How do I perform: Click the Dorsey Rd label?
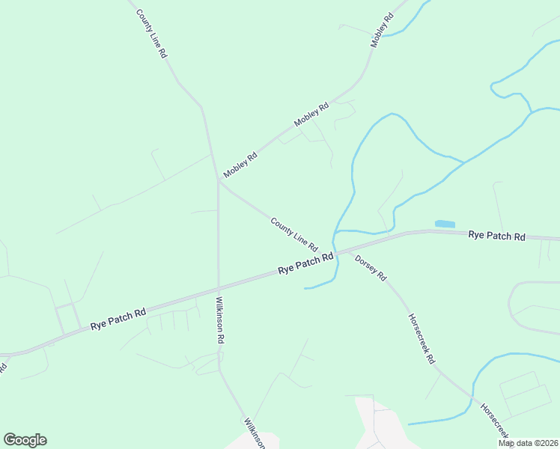click(x=371, y=267)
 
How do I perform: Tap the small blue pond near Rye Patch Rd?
click(x=445, y=224)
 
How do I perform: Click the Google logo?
click(x=25, y=440)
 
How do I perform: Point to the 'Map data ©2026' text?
click(x=528, y=443)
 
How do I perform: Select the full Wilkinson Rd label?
click(x=220, y=320)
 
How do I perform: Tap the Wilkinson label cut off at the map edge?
click(x=254, y=433)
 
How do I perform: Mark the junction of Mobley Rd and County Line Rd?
click(x=219, y=180)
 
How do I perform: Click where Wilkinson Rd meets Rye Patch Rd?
click(x=219, y=287)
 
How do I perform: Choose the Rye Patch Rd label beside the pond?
click(x=496, y=236)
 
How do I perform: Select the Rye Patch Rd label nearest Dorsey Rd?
click(x=305, y=264)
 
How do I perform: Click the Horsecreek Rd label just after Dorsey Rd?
click(x=421, y=337)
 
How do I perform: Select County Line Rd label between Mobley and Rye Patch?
click(x=294, y=234)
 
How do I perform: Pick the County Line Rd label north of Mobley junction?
click(x=151, y=34)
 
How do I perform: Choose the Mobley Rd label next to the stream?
click(x=382, y=31)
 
